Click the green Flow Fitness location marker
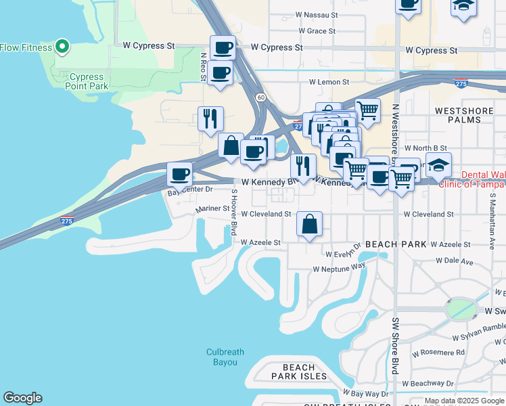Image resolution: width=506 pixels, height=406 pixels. pyautogui.click(x=62, y=47)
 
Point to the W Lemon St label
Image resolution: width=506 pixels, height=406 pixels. pyautogui.click(x=329, y=82)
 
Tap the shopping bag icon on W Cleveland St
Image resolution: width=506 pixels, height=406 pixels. pyautogui.click(x=309, y=225)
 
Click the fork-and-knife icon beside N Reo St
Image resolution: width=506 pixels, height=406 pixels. pyautogui.click(x=210, y=118)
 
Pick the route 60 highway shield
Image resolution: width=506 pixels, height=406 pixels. pyautogui.click(x=260, y=98)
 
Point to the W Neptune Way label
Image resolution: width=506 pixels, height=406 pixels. pyautogui.click(x=338, y=269)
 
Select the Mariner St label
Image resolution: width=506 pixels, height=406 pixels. pyautogui.click(x=212, y=210)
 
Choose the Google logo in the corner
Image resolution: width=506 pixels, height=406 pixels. pyautogui.click(x=22, y=398)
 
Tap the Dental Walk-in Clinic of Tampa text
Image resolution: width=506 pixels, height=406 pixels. pyautogui.click(x=483, y=179)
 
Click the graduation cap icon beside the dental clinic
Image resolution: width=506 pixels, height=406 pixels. pyautogui.click(x=438, y=164)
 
